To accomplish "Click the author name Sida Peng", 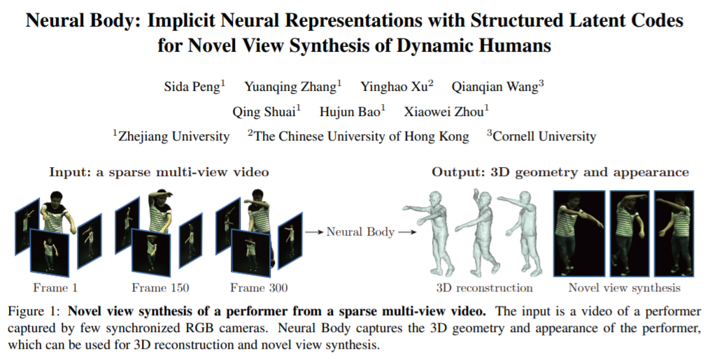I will click(191, 87).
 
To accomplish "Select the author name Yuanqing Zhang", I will click(290, 87).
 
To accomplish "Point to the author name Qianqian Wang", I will click(494, 87).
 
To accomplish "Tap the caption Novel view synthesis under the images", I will click(625, 287).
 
